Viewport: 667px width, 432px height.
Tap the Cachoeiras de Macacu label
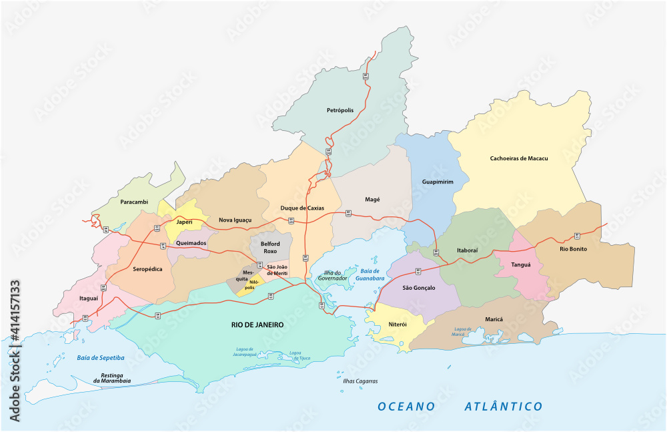click(x=519, y=158)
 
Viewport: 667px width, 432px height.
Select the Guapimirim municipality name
click(x=438, y=182)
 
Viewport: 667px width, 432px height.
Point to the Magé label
click(x=372, y=199)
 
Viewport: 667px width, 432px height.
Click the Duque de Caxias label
click(x=302, y=208)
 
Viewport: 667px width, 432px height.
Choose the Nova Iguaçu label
click(x=235, y=220)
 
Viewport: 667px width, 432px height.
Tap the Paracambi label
click(x=119, y=201)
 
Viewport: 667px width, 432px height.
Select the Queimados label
click(x=191, y=243)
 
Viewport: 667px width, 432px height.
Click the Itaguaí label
click(x=89, y=299)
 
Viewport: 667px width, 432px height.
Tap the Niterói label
click(x=398, y=325)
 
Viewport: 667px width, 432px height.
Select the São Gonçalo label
click(x=419, y=288)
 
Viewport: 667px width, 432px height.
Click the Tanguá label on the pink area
click(x=520, y=264)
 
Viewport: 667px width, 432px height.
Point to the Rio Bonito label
click(x=574, y=250)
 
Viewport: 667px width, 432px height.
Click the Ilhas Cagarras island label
click(x=360, y=381)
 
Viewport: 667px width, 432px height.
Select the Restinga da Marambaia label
click(x=111, y=378)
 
